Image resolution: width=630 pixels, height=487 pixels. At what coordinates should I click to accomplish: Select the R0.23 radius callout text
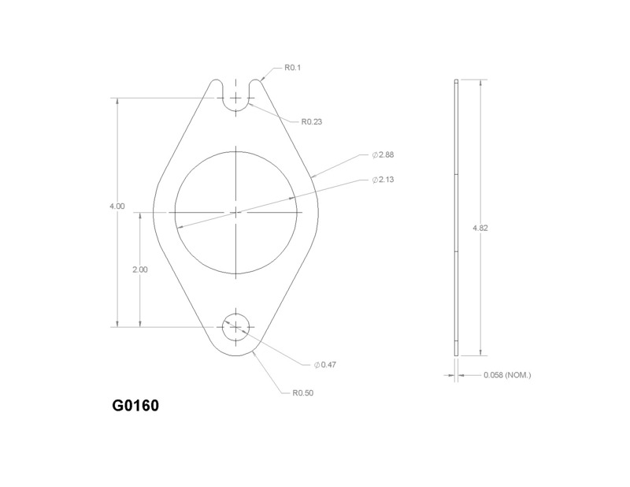tap(312, 122)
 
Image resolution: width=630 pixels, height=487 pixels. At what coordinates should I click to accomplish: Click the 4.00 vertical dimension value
tap(117, 206)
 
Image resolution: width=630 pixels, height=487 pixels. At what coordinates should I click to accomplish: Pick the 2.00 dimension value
tap(140, 270)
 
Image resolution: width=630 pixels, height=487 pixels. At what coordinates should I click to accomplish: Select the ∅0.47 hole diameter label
tap(325, 365)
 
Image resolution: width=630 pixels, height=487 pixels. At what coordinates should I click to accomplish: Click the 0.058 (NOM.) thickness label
tap(507, 375)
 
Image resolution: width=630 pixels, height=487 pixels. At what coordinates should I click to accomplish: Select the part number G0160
tap(135, 407)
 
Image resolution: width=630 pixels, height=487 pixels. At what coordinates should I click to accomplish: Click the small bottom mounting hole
tap(236, 326)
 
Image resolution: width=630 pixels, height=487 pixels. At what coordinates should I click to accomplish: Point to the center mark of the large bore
tap(236, 211)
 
